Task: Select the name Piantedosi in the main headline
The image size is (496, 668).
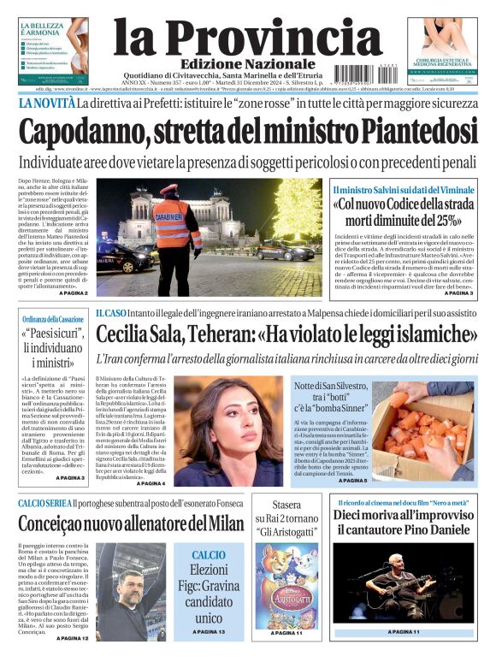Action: click(419, 132)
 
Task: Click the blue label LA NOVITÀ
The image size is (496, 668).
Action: click(46, 103)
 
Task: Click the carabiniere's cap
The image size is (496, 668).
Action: click(168, 190)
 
